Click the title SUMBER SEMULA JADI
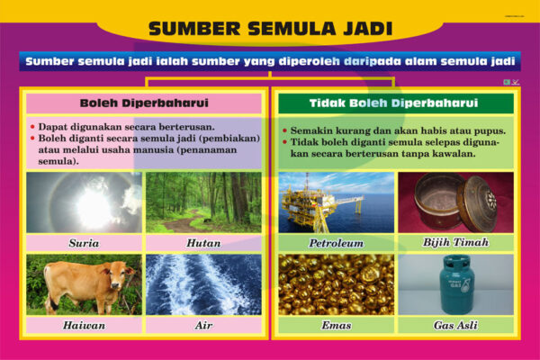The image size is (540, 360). pos(270,29)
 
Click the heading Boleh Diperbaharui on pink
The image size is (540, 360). pos(144,103)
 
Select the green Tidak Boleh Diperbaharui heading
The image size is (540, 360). pos(393,103)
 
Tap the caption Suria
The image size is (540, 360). pos(84,243)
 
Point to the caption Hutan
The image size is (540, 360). pos(203,243)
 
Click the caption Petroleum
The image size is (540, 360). pos(336,243)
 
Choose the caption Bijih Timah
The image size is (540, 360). pos(455,242)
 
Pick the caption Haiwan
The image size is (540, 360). pos(84,325)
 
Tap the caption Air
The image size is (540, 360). pos(203,325)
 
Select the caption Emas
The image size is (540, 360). pos(336,325)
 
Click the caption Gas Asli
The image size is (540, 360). pos(455,325)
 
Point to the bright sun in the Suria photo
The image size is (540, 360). pos(93,207)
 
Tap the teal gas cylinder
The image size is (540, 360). pos(456,284)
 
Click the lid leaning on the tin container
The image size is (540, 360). pos(477,202)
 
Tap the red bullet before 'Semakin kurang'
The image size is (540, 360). pos(284,130)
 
